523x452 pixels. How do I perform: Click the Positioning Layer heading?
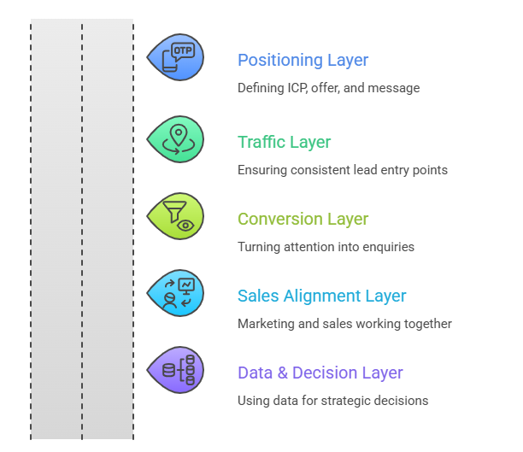[x=303, y=61]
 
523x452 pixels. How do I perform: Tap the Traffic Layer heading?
[x=284, y=143]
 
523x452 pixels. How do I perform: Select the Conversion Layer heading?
[x=303, y=220]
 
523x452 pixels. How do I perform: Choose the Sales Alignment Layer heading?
[x=321, y=296]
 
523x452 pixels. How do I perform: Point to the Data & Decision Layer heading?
[x=320, y=373]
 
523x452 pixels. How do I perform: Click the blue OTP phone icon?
[x=176, y=57]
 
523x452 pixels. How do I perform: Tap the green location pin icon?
[x=176, y=138]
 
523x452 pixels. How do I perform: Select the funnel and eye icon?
[x=176, y=215]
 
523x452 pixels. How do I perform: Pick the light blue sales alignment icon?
[x=176, y=293]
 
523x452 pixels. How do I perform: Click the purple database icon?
[x=176, y=370]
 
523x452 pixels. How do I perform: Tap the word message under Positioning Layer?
[x=394, y=88]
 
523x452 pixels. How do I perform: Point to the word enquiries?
[x=388, y=247]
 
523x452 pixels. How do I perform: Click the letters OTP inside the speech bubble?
[x=182, y=50]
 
